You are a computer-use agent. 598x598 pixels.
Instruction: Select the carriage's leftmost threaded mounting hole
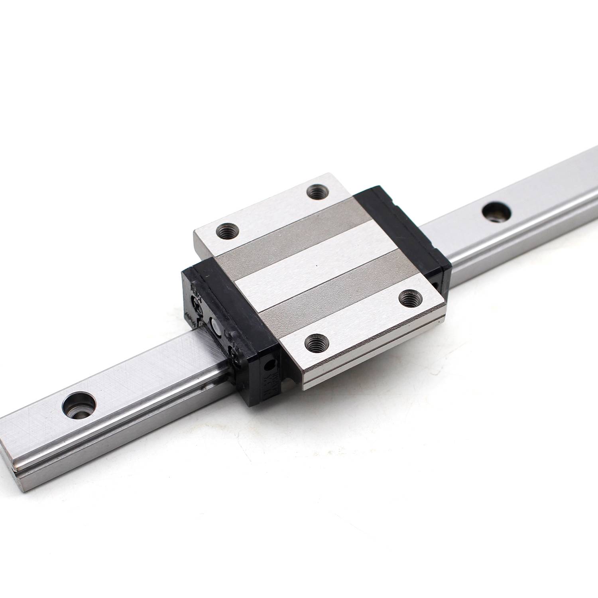click(227, 230)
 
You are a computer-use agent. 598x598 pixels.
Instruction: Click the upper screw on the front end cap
click(196, 302)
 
